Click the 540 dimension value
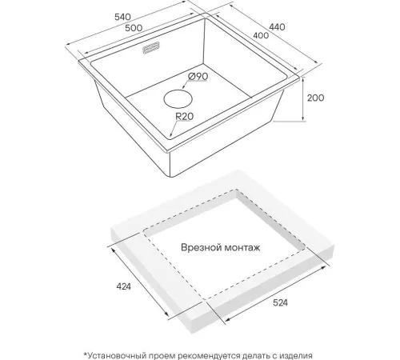pyautogui.click(x=122, y=17)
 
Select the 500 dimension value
pyautogui.click(x=134, y=28)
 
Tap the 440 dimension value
pyautogui.click(x=277, y=27)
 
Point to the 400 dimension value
pyautogui.click(x=261, y=35)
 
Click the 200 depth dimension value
pyautogui.click(x=316, y=98)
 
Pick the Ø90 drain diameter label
pyautogui.click(x=198, y=77)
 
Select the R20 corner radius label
pyautogui.click(x=184, y=116)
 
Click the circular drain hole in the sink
pyautogui.click(x=178, y=99)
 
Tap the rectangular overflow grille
pyautogui.click(x=151, y=48)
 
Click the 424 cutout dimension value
pyautogui.click(x=124, y=286)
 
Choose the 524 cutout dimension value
pyautogui.click(x=280, y=302)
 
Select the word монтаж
pyautogui.click(x=242, y=248)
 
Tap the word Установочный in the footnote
pyautogui.click(x=117, y=356)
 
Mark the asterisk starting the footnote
pyautogui.click(x=86, y=354)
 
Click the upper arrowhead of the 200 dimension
pyautogui.click(x=303, y=79)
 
